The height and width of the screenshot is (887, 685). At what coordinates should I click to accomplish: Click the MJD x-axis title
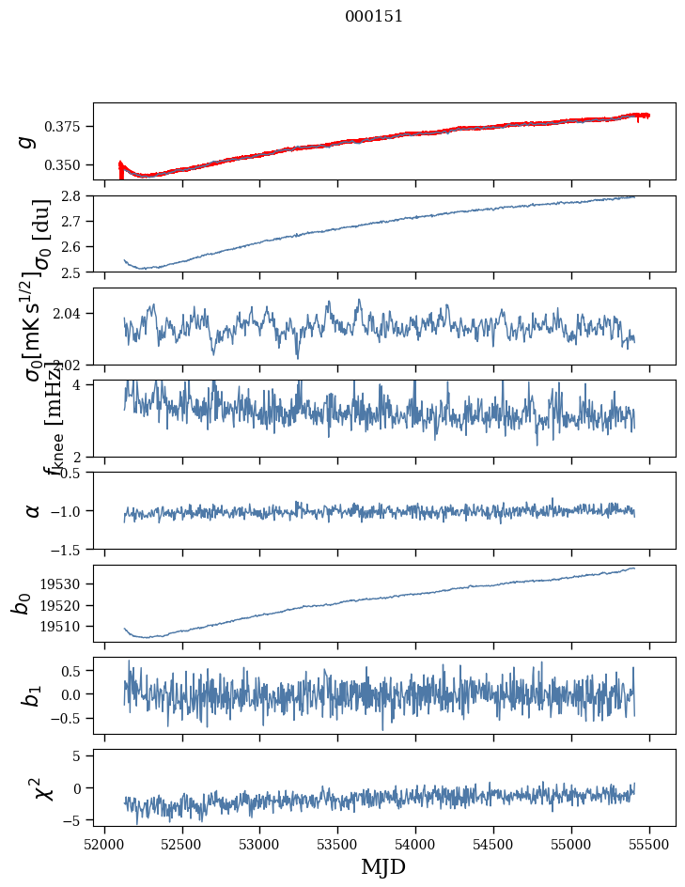click(x=383, y=866)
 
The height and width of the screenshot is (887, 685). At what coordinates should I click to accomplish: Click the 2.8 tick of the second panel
click(x=77, y=195)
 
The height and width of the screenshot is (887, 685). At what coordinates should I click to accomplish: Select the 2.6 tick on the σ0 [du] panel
click(x=77, y=246)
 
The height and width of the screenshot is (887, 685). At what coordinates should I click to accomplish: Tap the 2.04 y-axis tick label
click(x=73, y=313)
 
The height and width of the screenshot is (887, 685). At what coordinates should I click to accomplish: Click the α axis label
click(x=32, y=510)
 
